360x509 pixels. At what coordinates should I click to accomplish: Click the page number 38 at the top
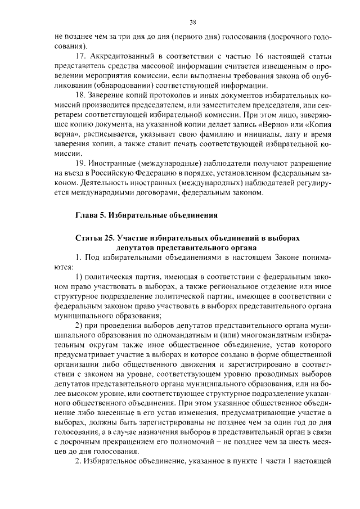pyautogui.click(x=192, y=22)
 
